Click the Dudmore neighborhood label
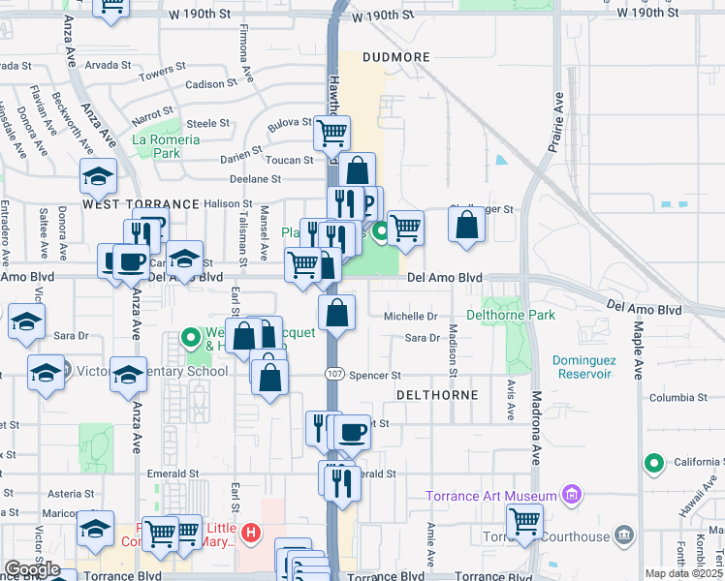[x=395, y=57]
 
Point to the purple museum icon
[x=572, y=497]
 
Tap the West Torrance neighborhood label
[x=126, y=205]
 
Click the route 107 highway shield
[x=334, y=375]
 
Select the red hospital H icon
[x=252, y=532]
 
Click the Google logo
[x=31, y=569]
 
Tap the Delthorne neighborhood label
[x=437, y=396]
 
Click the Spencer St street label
[x=374, y=376]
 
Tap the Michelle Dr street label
[x=411, y=317]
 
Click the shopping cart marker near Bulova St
[x=331, y=133]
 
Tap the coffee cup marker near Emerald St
[x=353, y=430]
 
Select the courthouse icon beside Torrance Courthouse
[x=622, y=535]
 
